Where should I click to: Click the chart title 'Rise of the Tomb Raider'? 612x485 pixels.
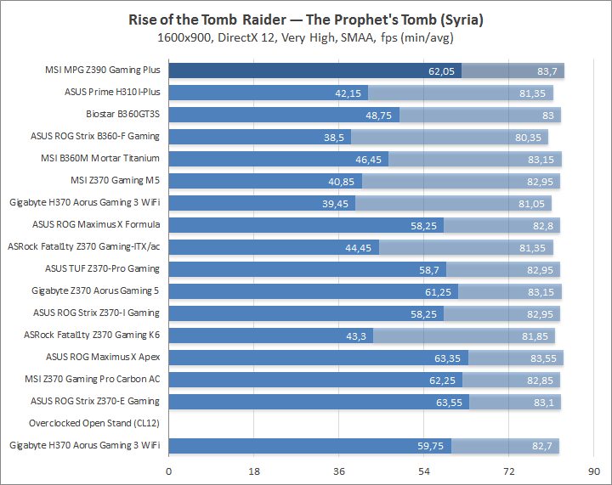(x=305, y=19)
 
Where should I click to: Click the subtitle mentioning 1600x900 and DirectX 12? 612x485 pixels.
(x=305, y=37)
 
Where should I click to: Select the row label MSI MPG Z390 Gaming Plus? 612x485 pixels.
(x=103, y=70)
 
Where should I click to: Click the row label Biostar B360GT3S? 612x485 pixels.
(x=123, y=114)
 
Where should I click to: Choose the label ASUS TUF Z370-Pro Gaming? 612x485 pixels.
(x=102, y=268)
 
